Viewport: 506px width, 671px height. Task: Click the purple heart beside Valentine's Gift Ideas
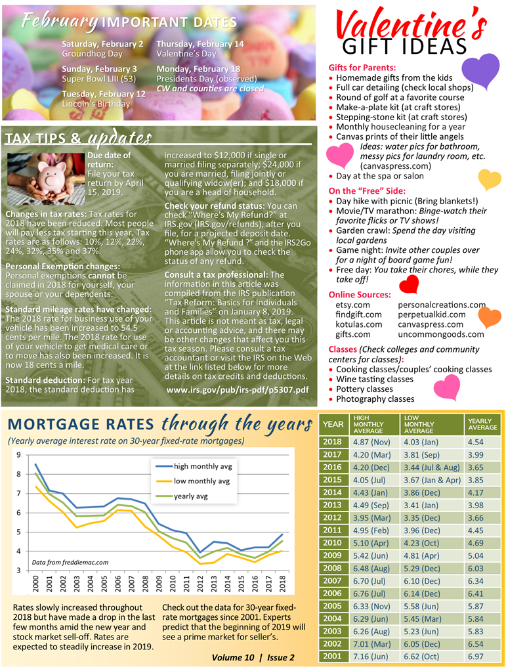click(x=480, y=71)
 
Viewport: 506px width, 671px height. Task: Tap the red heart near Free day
click(x=409, y=284)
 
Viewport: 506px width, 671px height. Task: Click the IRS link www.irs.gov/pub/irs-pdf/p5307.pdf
click(x=237, y=390)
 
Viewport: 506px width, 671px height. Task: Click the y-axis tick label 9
click(x=18, y=455)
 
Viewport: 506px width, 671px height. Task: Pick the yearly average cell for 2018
click(x=476, y=442)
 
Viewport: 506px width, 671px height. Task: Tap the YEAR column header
click(x=333, y=424)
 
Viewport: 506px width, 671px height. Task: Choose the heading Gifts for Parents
click(x=362, y=68)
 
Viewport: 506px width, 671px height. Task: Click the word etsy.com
click(x=353, y=305)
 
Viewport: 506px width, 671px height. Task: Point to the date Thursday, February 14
click(x=200, y=44)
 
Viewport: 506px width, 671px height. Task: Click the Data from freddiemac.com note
click(x=70, y=562)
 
